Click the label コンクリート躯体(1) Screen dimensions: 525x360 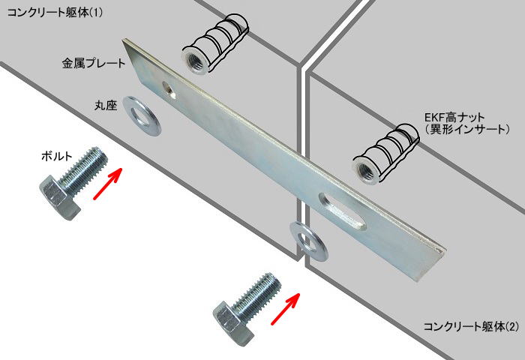55,13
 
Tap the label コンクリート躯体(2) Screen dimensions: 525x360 471,326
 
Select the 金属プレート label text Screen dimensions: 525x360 94,63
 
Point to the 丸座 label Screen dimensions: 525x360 106,106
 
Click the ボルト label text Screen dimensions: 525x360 56,156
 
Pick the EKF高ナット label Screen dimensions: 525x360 454,118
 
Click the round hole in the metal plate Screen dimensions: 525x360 169,91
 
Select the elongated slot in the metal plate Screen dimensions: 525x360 342,211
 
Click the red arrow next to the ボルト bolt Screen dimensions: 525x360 108,184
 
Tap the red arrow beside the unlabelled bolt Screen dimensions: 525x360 285,308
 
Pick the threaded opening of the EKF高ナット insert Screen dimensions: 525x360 367,169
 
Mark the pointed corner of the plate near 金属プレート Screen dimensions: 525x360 123,40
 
